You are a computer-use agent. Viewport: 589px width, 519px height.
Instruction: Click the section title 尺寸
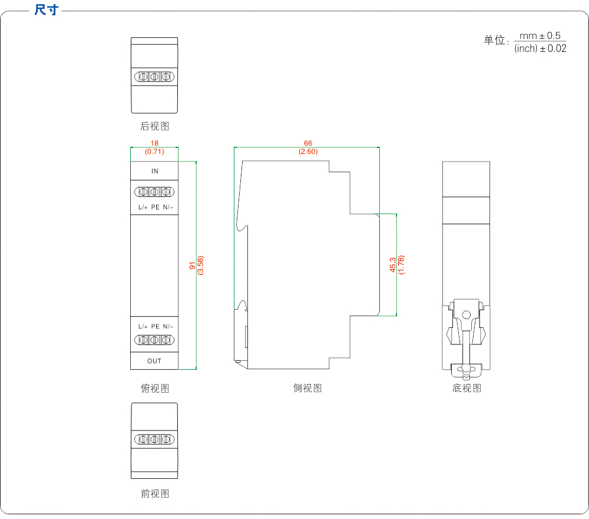point(47,9)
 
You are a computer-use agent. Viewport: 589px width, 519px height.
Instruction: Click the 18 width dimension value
point(154,143)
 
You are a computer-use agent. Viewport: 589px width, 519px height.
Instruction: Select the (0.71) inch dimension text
point(154,152)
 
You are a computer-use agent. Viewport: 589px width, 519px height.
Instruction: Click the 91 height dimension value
point(192,266)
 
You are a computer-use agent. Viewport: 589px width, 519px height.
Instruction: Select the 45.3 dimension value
point(393,265)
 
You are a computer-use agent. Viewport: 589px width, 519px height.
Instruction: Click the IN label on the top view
point(154,171)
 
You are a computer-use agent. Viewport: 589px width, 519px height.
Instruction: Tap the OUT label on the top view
point(154,361)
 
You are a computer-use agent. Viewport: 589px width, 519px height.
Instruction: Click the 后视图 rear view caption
point(154,126)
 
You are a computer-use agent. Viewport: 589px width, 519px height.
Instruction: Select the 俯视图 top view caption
point(154,388)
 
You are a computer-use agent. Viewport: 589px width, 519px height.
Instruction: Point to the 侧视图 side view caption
point(307,388)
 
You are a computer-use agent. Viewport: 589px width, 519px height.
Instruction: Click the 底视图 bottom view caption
point(466,388)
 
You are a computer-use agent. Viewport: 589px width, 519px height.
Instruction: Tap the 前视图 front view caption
point(154,494)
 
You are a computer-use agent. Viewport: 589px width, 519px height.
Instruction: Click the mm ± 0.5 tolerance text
point(540,36)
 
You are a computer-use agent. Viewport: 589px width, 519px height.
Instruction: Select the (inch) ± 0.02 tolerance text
point(540,49)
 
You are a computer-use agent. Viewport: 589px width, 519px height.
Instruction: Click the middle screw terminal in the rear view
point(154,77)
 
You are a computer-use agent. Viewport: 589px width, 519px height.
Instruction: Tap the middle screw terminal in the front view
point(154,439)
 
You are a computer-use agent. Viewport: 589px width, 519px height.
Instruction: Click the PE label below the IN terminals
point(155,207)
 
